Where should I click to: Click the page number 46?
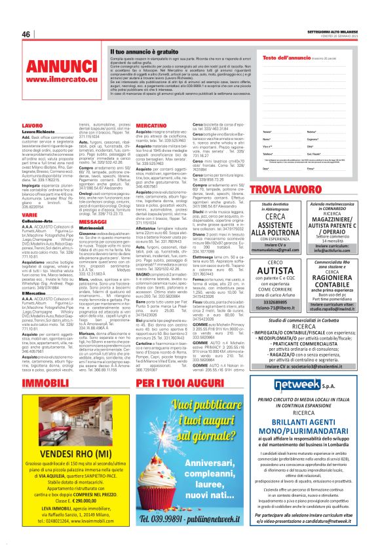(26, 34)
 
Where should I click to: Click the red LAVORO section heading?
(32, 124)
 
